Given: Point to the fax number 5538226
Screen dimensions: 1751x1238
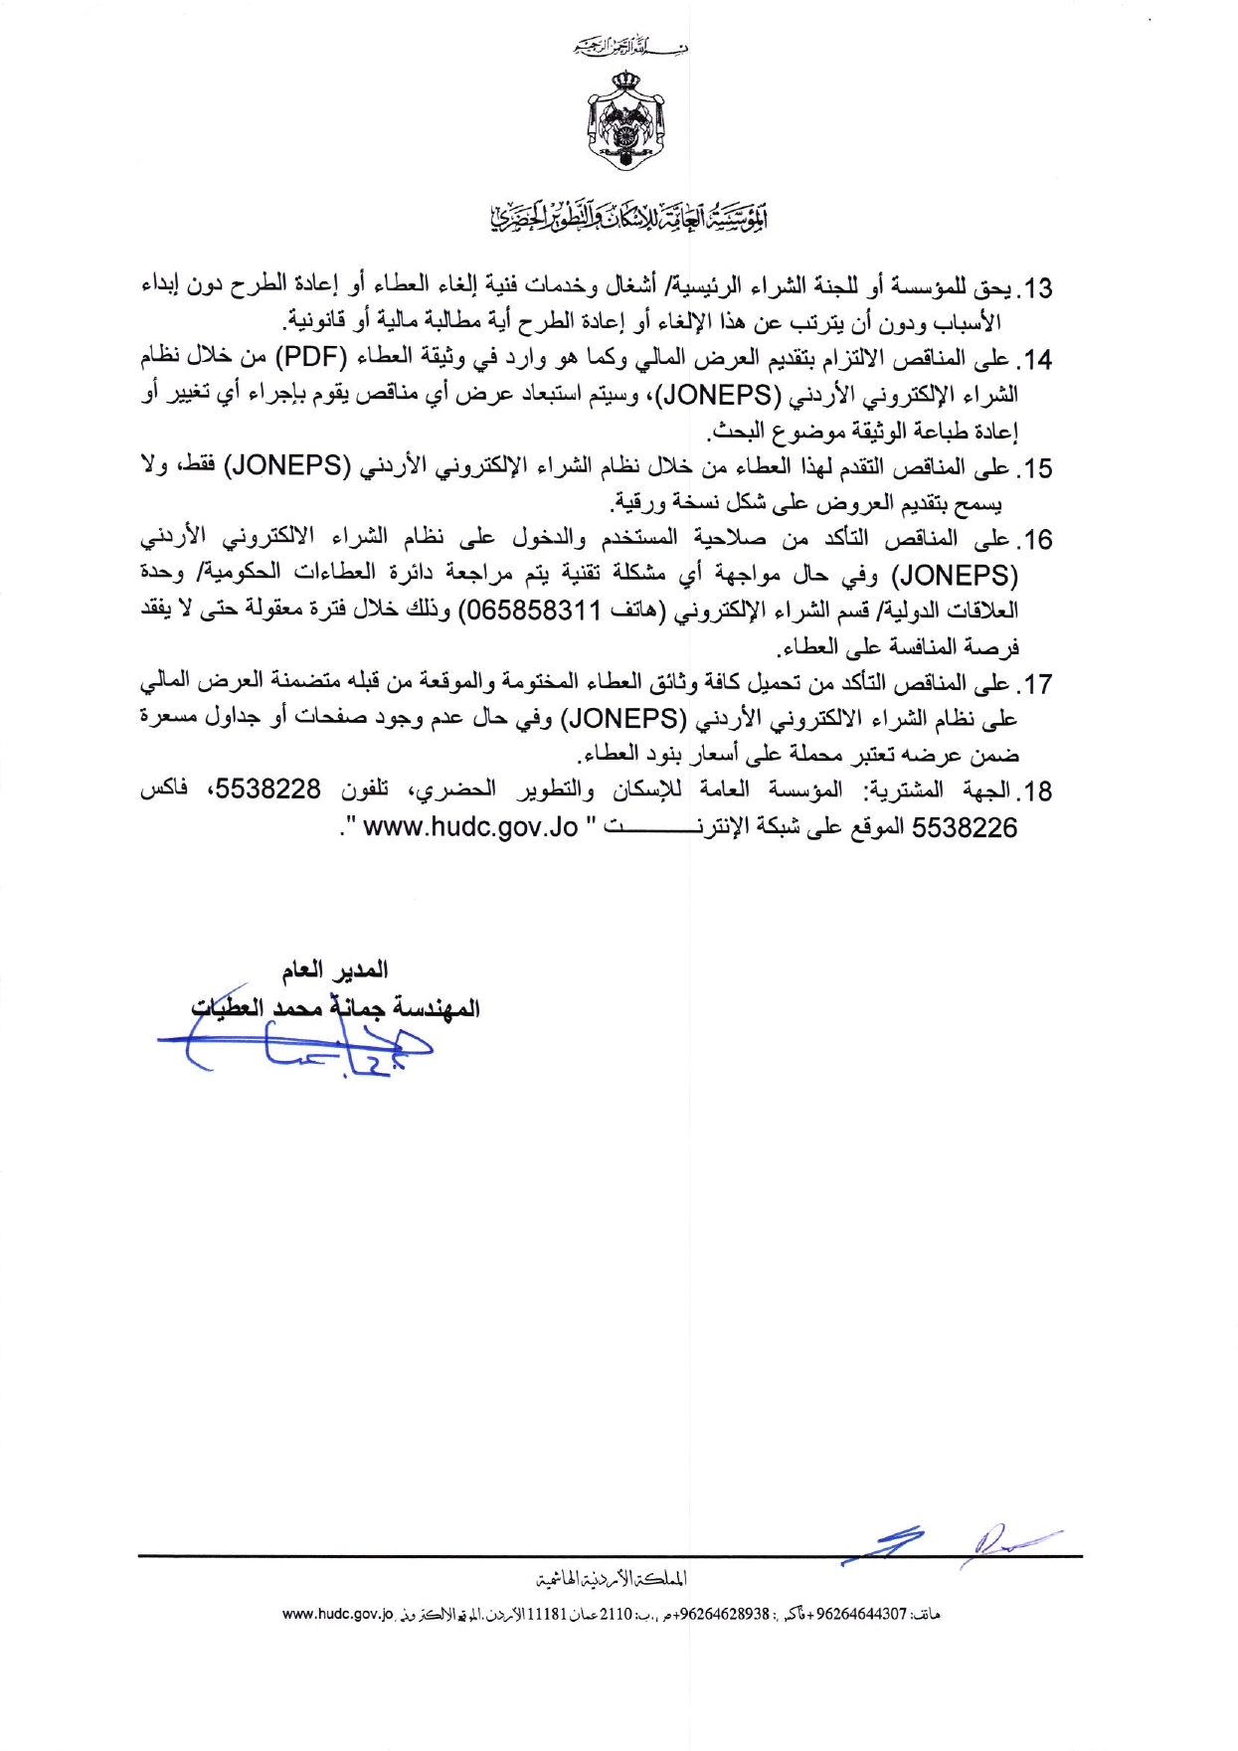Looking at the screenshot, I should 965,827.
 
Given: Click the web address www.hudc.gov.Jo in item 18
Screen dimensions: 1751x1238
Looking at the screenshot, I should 470,827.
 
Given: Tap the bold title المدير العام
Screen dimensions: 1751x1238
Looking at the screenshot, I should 335,969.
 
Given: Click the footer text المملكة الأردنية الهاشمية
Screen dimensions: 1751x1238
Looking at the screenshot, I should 611,1578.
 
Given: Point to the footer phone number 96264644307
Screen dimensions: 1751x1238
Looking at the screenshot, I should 862,1614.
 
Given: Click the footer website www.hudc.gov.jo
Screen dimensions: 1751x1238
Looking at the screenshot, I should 339,1614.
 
